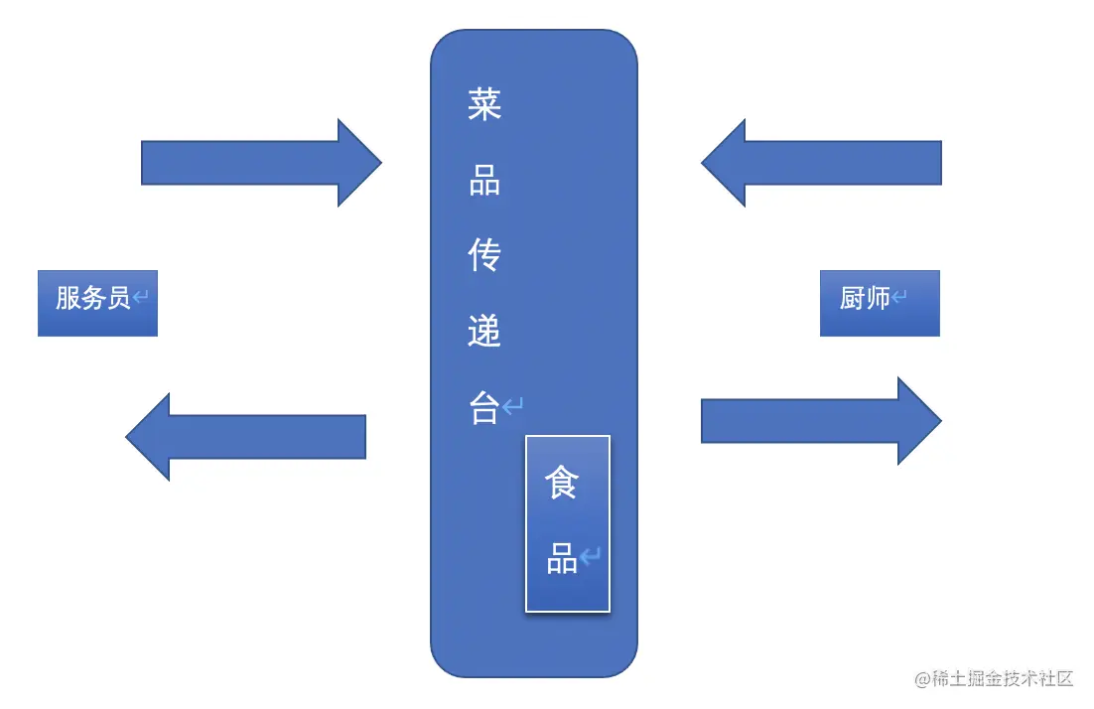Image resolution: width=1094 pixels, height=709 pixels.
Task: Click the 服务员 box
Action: pos(97,302)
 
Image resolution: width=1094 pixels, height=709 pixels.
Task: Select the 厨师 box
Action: pos(880,302)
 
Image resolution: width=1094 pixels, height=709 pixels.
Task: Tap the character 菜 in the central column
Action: pos(484,104)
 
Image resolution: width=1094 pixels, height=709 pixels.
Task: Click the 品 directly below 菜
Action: pos(484,181)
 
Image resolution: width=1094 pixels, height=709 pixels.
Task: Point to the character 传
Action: pos(484,256)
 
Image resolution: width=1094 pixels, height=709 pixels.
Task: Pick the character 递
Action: pos(484,332)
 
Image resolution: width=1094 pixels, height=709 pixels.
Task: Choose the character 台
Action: pos(483,407)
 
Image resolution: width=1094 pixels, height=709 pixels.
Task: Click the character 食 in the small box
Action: pos(561,484)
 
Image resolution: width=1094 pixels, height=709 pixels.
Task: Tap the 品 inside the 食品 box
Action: pos(562,560)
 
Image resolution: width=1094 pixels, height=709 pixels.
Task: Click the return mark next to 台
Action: pos(512,406)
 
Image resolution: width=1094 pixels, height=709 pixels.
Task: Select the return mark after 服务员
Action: pos(141,297)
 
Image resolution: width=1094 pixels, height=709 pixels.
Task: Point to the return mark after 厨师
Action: pos(899,297)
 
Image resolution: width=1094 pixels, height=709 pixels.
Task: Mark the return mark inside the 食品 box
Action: pos(591,557)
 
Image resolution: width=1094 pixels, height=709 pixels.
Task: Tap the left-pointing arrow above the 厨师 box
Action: pos(822,163)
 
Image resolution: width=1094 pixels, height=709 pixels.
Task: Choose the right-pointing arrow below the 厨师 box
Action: pos(822,421)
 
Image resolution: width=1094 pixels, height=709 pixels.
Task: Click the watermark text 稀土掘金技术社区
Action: pos(1003,679)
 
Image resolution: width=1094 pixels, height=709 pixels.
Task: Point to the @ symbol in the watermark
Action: pos(922,679)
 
